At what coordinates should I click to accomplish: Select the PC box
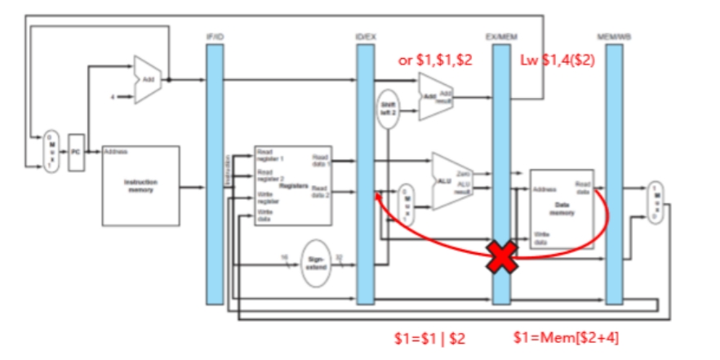pyautogui.click(x=75, y=153)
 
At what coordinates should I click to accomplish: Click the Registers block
pyautogui.click(x=292, y=186)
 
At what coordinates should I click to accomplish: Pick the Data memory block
pyautogui.click(x=561, y=209)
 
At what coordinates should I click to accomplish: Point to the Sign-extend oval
pyautogui.click(x=316, y=263)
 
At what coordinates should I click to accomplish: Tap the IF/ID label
pyautogui.click(x=216, y=38)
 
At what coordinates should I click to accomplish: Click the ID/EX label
pyautogui.click(x=366, y=38)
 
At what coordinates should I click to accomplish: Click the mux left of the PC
pyautogui.click(x=51, y=152)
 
